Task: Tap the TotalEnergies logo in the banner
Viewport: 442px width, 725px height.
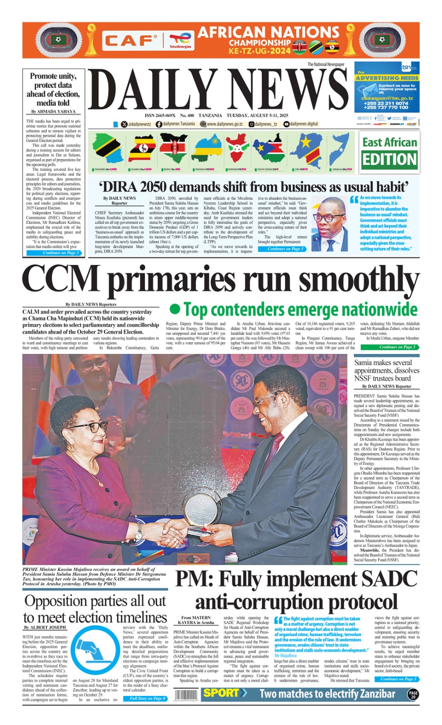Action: (180, 40)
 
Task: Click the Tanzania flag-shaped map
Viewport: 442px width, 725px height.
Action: (107, 149)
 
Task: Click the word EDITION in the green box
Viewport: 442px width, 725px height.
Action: (389, 159)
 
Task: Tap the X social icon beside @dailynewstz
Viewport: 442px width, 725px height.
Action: (124, 124)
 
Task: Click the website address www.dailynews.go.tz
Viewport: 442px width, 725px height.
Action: (224, 124)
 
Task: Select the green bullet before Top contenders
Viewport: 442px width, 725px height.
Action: (175, 309)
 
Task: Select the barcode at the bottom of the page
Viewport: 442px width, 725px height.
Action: (186, 695)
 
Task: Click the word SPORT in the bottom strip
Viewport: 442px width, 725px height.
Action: (221, 693)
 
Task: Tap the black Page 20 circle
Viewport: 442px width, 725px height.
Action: (413, 694)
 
